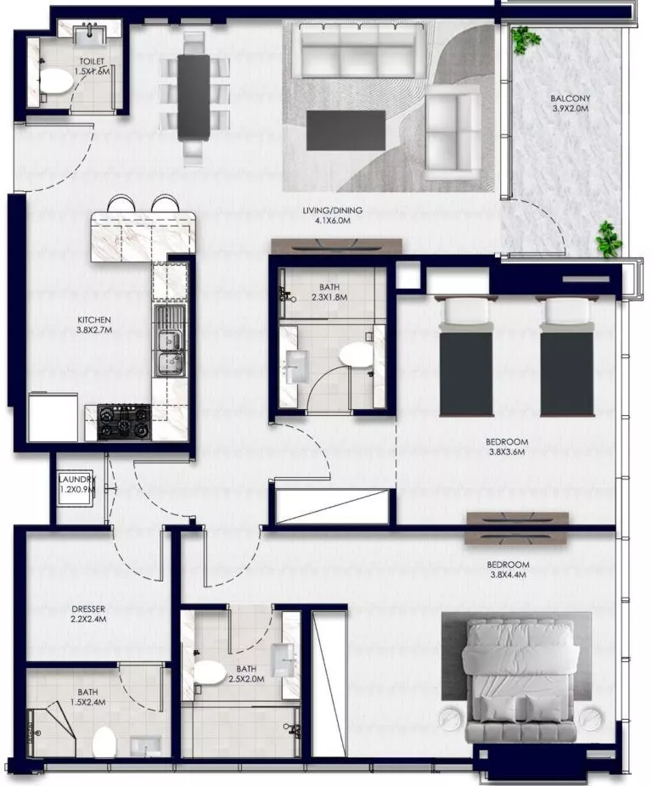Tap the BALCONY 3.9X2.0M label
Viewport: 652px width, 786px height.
[x=570, y=104]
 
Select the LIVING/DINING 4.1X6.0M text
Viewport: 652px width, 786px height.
[x=327, y=216]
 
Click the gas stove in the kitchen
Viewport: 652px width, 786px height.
[x=124, y=419]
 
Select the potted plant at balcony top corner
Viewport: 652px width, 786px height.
[x=525, y=38]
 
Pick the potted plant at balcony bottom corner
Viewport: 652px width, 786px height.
[x=608, y=239]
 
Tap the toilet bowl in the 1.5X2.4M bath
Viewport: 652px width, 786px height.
[x=104, y=741]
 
